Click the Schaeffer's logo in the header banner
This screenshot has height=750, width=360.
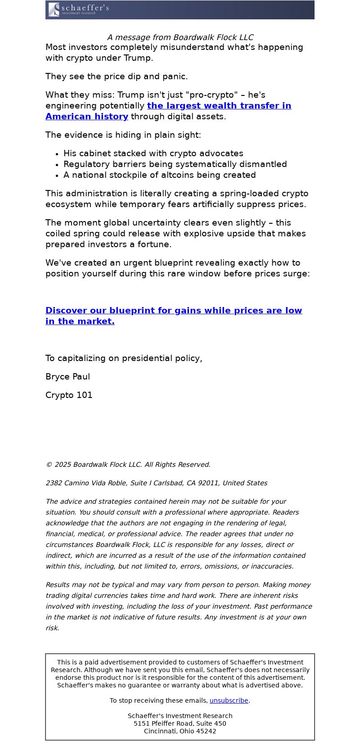79,9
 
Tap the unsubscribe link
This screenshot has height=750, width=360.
229,700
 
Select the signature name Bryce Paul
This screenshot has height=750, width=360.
67,377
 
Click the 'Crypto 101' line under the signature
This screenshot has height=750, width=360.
69,395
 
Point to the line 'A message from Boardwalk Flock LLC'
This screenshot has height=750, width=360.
180,37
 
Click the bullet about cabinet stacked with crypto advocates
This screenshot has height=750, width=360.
153,154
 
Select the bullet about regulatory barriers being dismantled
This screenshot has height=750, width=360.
175,164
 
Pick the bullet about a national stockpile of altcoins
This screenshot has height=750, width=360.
159,175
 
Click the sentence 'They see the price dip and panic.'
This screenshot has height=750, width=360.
117,77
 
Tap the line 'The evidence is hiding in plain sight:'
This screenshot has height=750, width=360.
123,135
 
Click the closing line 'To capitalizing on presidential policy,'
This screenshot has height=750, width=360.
124,358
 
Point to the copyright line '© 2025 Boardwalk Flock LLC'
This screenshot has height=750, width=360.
128,465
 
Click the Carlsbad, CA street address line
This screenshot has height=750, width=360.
156,483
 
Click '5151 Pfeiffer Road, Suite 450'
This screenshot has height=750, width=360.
180,723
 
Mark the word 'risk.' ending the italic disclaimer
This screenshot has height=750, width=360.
52,628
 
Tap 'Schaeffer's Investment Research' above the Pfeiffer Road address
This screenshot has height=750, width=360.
180,716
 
